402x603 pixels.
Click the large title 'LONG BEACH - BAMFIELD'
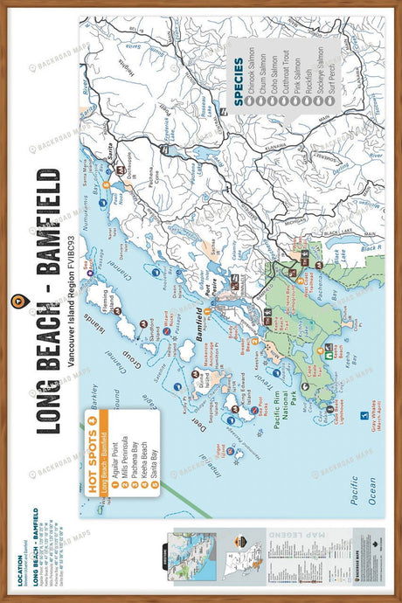(x=45, y=296)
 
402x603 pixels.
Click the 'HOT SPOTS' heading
(x=93, y=461)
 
